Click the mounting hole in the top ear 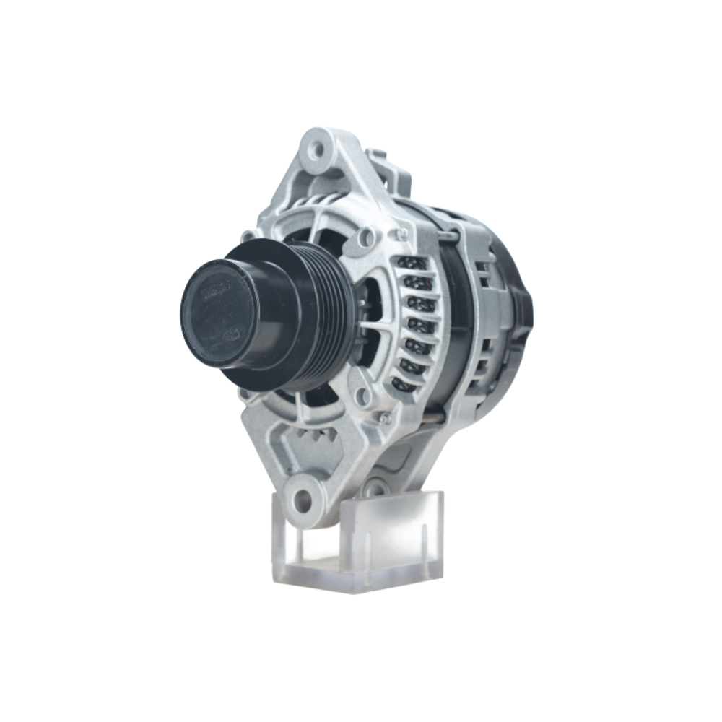[x=316, y=149]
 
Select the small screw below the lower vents [x=384, y=417]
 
